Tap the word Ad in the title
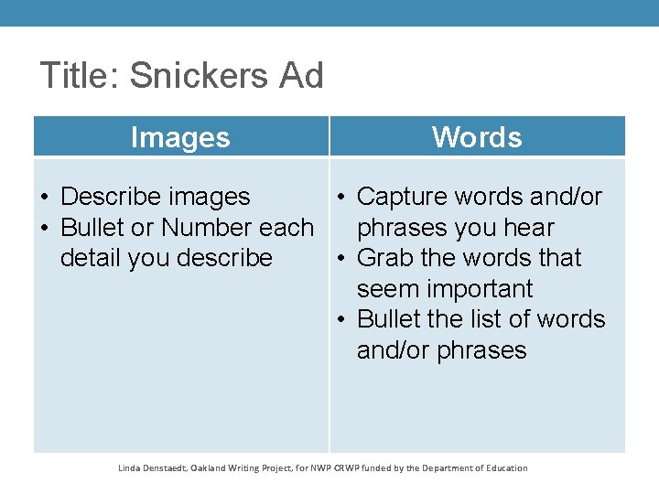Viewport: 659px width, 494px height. [x=302, y=76]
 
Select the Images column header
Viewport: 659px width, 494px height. [x=180, y=137]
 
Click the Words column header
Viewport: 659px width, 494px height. [x=477, y=137]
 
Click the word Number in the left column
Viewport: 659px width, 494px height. [x=208, y=228]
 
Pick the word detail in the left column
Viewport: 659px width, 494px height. [x=90, y=258]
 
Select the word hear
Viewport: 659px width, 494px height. [x=525, y=228]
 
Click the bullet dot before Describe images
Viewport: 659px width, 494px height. [x=45, y=198]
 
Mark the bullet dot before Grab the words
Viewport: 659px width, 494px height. [x=340, y=259]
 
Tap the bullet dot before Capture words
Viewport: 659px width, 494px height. [x=340, y=198]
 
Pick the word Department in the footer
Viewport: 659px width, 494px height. [x=439, y=468]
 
